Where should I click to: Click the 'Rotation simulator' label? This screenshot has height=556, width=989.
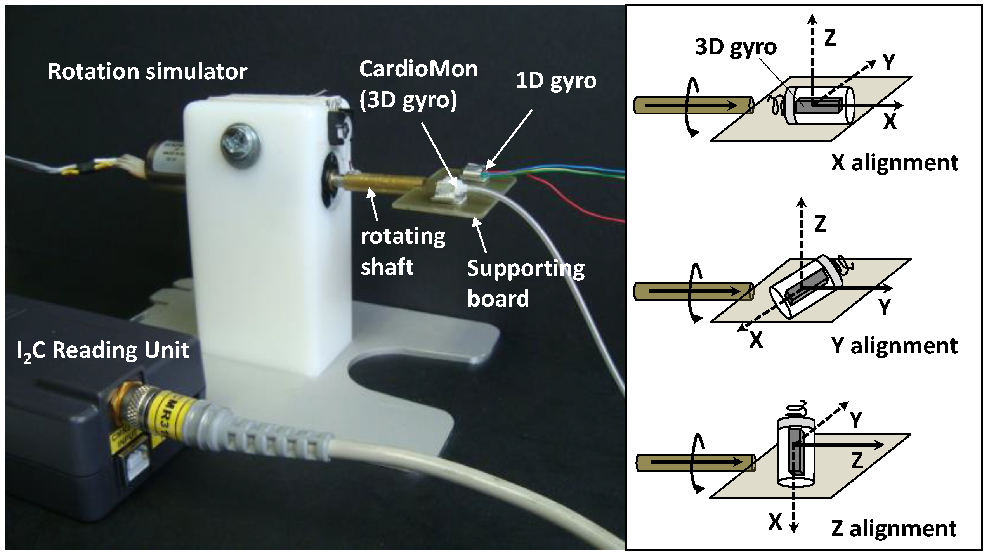147,72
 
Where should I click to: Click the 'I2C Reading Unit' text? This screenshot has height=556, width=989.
103,350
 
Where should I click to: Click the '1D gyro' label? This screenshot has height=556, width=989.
556,81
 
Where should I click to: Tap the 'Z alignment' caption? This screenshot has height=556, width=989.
894,528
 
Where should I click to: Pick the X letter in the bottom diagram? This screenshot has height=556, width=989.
775,522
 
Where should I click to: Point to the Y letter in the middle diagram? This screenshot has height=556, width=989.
885,307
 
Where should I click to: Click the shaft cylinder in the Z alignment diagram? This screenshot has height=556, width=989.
695,462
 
